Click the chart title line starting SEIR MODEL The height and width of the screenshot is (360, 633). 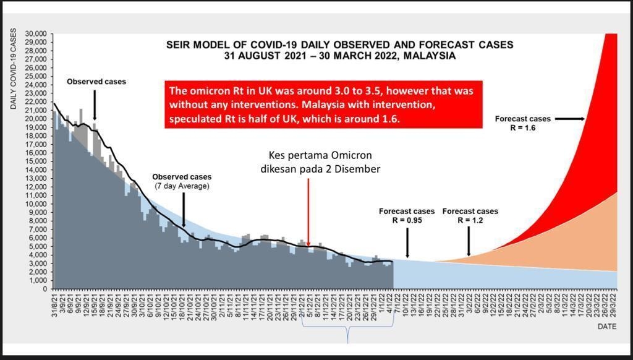tap(339, 45)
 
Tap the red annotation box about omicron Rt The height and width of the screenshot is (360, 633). tap(323, 105)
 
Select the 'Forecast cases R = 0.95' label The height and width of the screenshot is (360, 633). tap(407, 215)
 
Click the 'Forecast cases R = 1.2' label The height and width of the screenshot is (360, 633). tap(470, 215)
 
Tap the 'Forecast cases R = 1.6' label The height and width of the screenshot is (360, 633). tap(523, 122)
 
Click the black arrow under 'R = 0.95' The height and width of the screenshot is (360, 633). tap(407, 242)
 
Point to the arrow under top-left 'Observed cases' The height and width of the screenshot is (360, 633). tap(95, 104)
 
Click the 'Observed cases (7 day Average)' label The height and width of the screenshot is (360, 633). tap(182, 181)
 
